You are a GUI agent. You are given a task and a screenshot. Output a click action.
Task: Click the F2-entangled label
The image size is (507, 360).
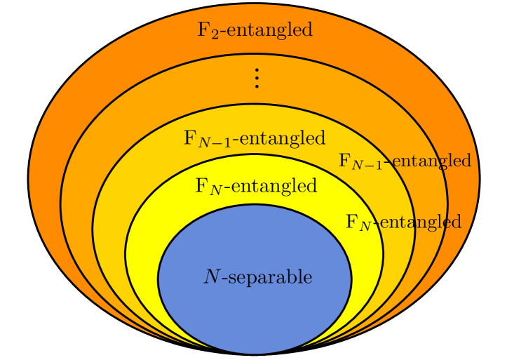coord(255,30)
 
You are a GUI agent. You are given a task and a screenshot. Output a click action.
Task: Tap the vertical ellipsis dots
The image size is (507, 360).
coord(257,78)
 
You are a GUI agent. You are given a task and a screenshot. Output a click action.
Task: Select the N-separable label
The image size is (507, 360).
coord(257,277)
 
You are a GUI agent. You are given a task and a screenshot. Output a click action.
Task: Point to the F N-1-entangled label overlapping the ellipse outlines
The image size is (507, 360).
coord(405,161)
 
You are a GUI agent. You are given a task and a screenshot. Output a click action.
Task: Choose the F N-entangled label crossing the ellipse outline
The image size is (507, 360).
coord(404,223)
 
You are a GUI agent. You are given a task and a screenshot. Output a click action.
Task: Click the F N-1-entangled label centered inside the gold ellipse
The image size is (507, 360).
coord(254,138)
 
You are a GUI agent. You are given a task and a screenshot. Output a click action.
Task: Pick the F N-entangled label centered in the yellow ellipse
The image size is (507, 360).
coord(255,186)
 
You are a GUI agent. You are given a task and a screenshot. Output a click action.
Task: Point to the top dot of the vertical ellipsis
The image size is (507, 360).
coord(257,70)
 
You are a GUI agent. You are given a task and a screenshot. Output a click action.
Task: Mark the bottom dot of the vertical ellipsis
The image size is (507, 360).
coord(257,86)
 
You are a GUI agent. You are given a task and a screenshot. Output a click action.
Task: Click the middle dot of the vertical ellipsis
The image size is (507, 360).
coord(257,78)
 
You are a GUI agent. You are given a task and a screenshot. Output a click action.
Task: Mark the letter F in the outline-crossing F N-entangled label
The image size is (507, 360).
coord(352,222)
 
